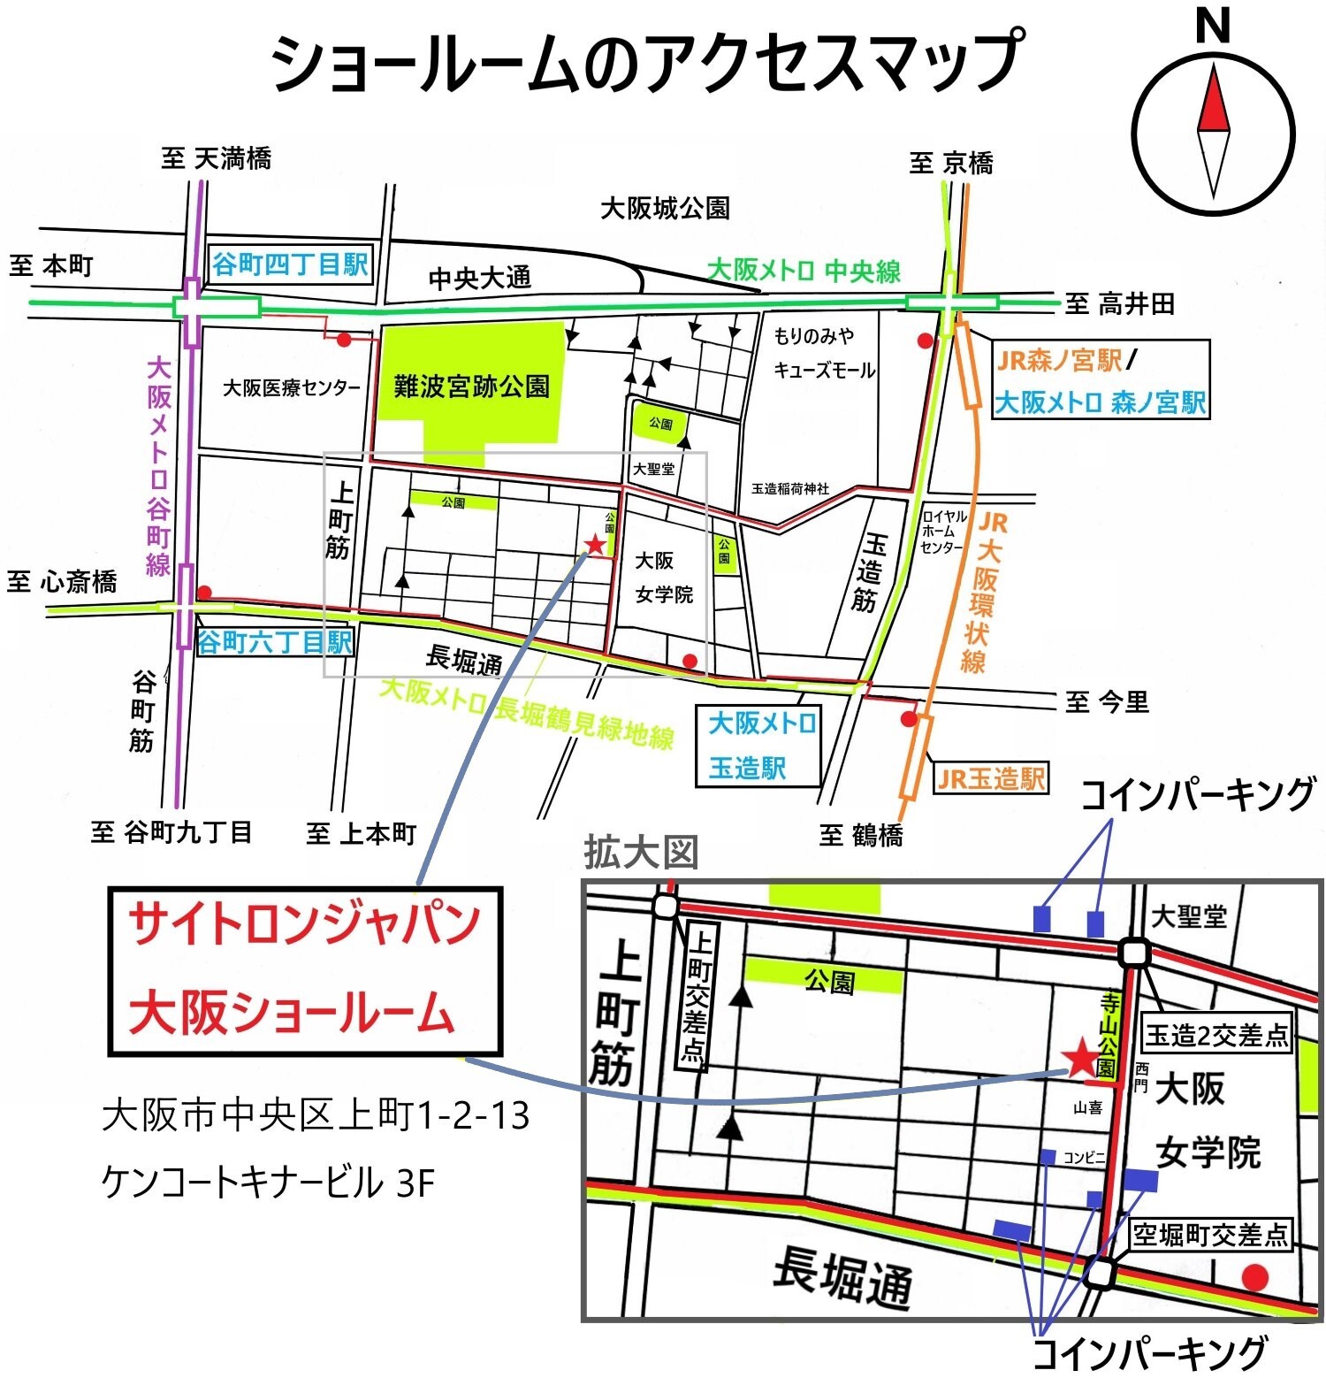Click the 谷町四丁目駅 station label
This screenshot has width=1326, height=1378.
(x=289, y=264)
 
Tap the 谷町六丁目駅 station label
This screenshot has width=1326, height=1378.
(x=275, y=642)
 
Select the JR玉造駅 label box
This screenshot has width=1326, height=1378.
(x=991, y=778)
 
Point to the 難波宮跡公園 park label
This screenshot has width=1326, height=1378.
(x=471, y=387)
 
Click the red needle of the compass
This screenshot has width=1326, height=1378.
(x=1214, y=103)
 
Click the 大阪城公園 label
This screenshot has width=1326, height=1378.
(x=665, y=209)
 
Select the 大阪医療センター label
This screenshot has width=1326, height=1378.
(x=291, y=388)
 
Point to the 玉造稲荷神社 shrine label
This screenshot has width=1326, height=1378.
(x=789, y=488)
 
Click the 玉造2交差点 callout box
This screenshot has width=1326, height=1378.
(x=1217, y=1035)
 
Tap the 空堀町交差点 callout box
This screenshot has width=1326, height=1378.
(x=1210, y=1234)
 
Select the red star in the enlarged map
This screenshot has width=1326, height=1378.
(x=1080, y=1058)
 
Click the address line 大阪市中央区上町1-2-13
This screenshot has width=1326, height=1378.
(x=316, y=1115)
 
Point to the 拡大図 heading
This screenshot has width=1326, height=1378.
(x=641, y=853)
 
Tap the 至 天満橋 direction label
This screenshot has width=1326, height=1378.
(x=217, y=158)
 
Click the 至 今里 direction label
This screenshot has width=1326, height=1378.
(x=1107, y=702)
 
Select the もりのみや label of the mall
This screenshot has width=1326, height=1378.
(x=813, y=336)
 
